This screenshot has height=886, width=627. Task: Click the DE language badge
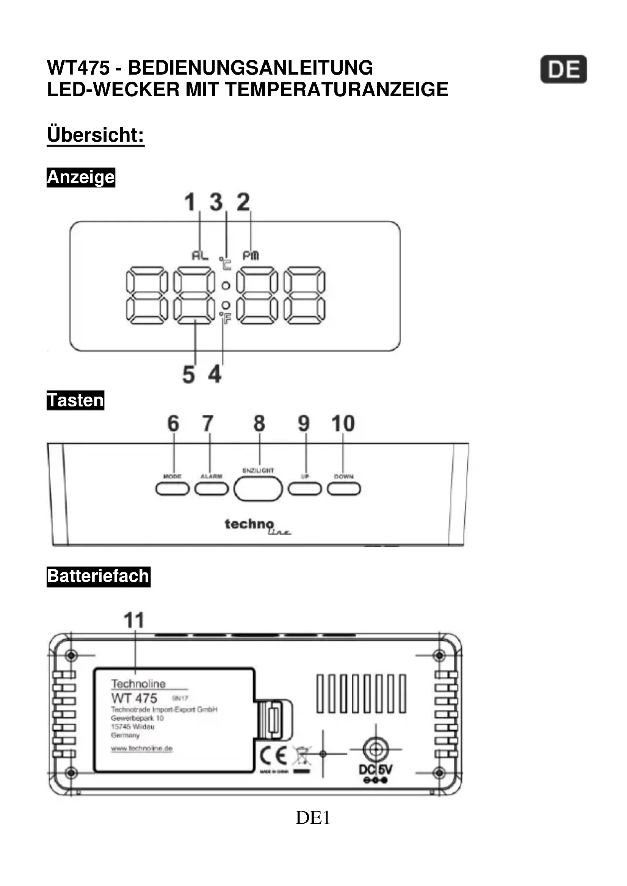coord(563,69)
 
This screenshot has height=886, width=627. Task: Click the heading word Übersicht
coord(96,135)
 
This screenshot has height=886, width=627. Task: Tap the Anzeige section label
coord(81,178)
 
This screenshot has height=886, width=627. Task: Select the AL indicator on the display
coord(200,255)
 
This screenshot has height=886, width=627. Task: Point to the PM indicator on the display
coord(251,255)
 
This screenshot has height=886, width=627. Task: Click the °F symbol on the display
coord(226,318)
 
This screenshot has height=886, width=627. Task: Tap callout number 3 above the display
coord(216,202)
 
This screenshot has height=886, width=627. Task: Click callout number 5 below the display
coord(188,375)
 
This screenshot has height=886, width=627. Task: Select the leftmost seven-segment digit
coord(147,295)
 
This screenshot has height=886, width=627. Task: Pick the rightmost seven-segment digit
coord(304,295)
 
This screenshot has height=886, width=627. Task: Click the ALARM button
coord(212,489)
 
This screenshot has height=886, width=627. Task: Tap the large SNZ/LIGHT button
coord(258,489)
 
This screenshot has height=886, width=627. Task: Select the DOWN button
coord(343,489)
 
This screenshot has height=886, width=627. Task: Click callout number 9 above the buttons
coord(304,423)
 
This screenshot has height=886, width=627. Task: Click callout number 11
coord(134,620)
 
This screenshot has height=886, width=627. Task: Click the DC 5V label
coord(375,769)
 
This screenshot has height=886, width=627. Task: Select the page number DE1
coord(313,817)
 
